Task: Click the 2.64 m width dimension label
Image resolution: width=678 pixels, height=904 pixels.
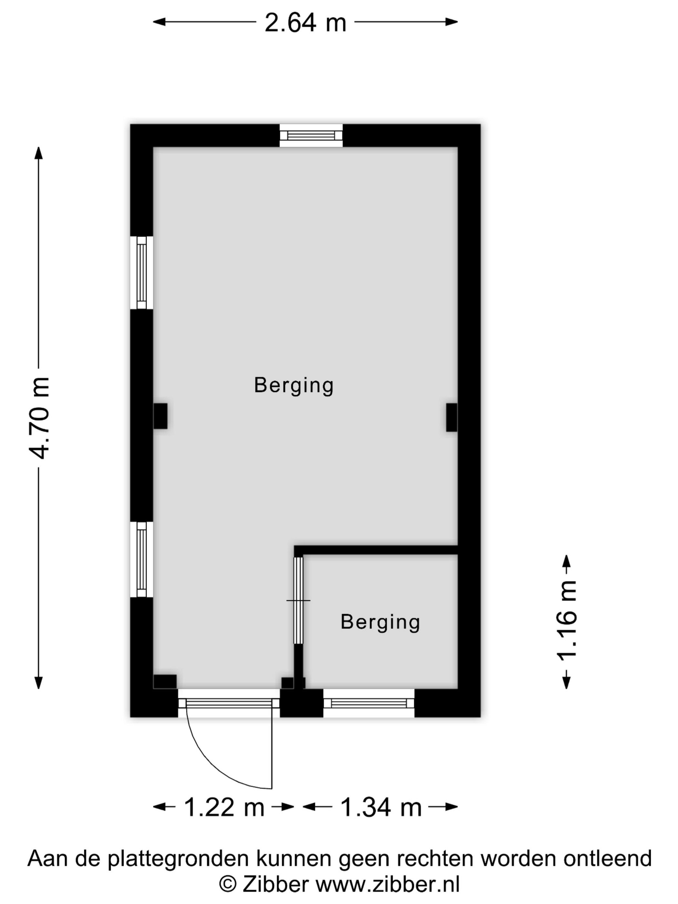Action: (305, 23)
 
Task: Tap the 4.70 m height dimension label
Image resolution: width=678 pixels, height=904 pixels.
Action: (40, 418)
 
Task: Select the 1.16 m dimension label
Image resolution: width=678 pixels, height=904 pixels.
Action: (566, 621)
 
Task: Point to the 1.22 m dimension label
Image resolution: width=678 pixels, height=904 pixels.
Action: (224, 807)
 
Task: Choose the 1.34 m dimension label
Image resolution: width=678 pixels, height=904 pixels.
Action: (381, 807)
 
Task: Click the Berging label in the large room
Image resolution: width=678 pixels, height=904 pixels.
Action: (294, 386)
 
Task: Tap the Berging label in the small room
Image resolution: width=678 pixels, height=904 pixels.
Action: (380, 622)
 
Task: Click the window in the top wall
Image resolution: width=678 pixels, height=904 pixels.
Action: (311, 136)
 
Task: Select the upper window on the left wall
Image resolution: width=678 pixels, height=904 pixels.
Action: (141, 272)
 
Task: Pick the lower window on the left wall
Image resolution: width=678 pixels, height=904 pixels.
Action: (141, 560)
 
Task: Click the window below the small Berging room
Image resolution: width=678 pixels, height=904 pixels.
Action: (369, 703)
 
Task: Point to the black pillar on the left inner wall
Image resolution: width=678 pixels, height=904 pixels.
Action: (160, 416)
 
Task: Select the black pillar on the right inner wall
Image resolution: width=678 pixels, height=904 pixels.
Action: (452, 417)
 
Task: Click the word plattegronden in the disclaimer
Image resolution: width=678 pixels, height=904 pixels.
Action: (178, 858)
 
